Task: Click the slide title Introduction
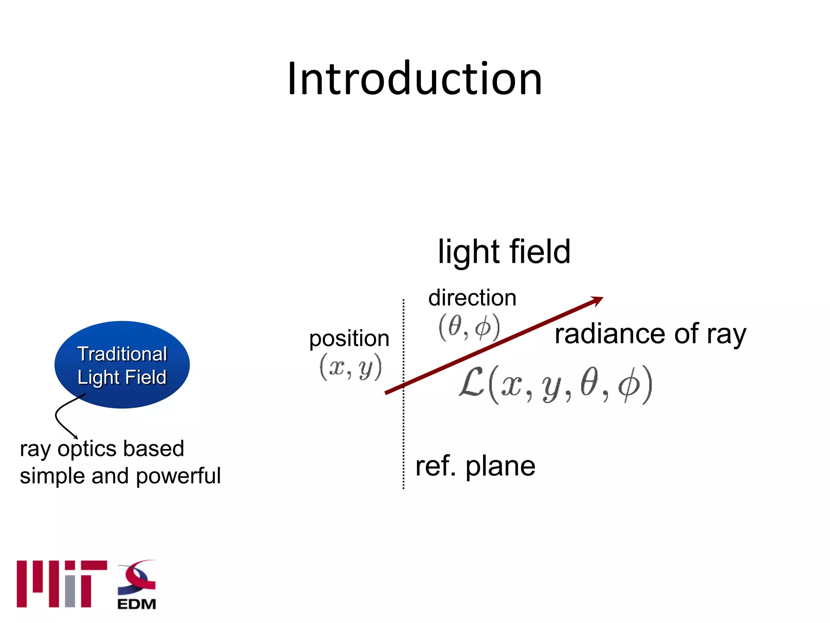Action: click(x=414, y=79)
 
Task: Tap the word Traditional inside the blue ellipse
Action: click(x=122, y=354)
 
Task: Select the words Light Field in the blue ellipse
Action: click(x=122, y=377)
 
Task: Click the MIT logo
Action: click(x=62, y=584)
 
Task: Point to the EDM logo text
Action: click(x=137, y=604)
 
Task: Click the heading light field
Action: click(x=504, y=252)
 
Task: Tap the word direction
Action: click(x=472, y=298)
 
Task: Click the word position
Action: click(x=349, y=339)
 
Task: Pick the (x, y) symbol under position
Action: click(x=351, y=367)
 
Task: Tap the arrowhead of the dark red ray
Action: click(x=597, y=301)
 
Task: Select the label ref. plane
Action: click(x=475, y=466)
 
